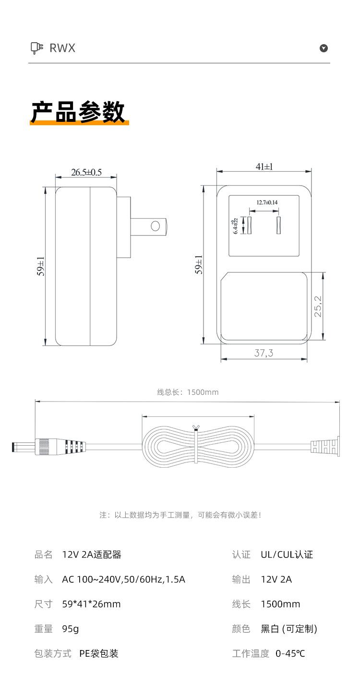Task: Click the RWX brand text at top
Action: (x=62, y=48)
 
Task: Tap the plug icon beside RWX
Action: (x=37, y=48)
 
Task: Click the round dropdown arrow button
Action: (x=324, y=48)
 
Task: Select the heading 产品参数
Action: (x=78, y=112)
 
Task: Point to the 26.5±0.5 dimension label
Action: (x=86, y=172)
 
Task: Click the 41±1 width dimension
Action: (x=264, y=166)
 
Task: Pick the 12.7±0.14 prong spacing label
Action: (x=267, y=202)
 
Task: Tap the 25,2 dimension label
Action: (x=318, y=306)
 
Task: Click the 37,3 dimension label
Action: (x=264, y=353)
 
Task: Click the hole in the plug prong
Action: (x=156, y=226)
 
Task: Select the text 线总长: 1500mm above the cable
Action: (x=188, y=392)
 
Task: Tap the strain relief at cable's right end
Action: (x=325, y=447)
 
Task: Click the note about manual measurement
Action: (x=180, y=515)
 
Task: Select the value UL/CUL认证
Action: (x=287, y=555)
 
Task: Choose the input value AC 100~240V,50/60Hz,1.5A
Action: (x=123, y=580)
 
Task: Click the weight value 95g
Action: (x=71, y=629)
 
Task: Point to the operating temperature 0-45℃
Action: (x=290, y=653)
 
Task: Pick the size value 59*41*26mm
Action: (x=91, y=604)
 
